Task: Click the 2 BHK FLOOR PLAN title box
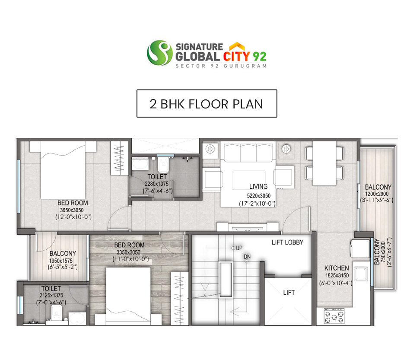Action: pos(207,104)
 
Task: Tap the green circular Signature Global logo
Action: pos(160,53)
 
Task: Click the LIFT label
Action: pos(289,293)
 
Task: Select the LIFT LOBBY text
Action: pos(287,242)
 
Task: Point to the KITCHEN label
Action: pos(336,268)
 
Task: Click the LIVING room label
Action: pos(258,187)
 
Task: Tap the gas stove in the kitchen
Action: pos(334,316)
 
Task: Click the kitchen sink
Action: pos(361,274)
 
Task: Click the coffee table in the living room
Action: pos(249,180)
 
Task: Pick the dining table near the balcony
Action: pos(324,163)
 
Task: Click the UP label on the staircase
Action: pos(239,248)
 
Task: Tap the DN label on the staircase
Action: pos(247,257)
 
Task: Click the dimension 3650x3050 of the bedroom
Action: pos(72,210)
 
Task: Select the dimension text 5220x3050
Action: pos(259,196)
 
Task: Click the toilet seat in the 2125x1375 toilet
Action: pos(56,312)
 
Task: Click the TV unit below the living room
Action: pos(248,227)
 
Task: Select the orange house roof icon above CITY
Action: pos(237,46)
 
